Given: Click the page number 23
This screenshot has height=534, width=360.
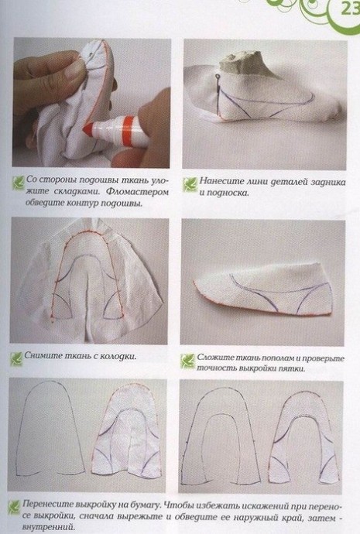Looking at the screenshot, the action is pos(349,9).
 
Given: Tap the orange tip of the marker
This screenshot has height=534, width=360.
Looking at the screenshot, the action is pos(88,129).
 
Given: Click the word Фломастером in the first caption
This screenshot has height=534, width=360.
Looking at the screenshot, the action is pos(137,192).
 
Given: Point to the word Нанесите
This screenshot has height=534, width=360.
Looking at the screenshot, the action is pos(219,181).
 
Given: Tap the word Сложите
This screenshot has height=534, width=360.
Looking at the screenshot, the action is pos(212,358).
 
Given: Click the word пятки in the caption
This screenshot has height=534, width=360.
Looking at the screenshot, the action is pos(292,369).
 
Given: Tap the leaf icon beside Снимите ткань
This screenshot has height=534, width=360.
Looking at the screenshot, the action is pos(16,358).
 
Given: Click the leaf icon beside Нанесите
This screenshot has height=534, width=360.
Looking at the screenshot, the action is pos(190,184).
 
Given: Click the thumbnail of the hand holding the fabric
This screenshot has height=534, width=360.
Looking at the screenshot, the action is pos(91,103).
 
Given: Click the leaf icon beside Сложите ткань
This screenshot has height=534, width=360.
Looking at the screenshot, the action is pos(187,361).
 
